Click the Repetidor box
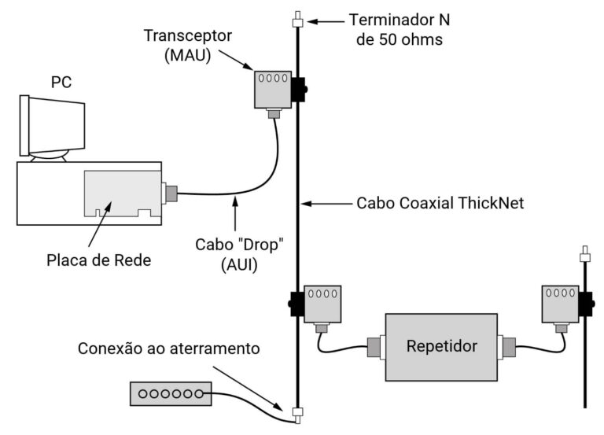[441, 346]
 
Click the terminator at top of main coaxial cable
[297, 20]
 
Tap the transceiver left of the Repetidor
[322, 304]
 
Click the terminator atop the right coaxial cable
[584, 255]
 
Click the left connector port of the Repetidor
[375, 346]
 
